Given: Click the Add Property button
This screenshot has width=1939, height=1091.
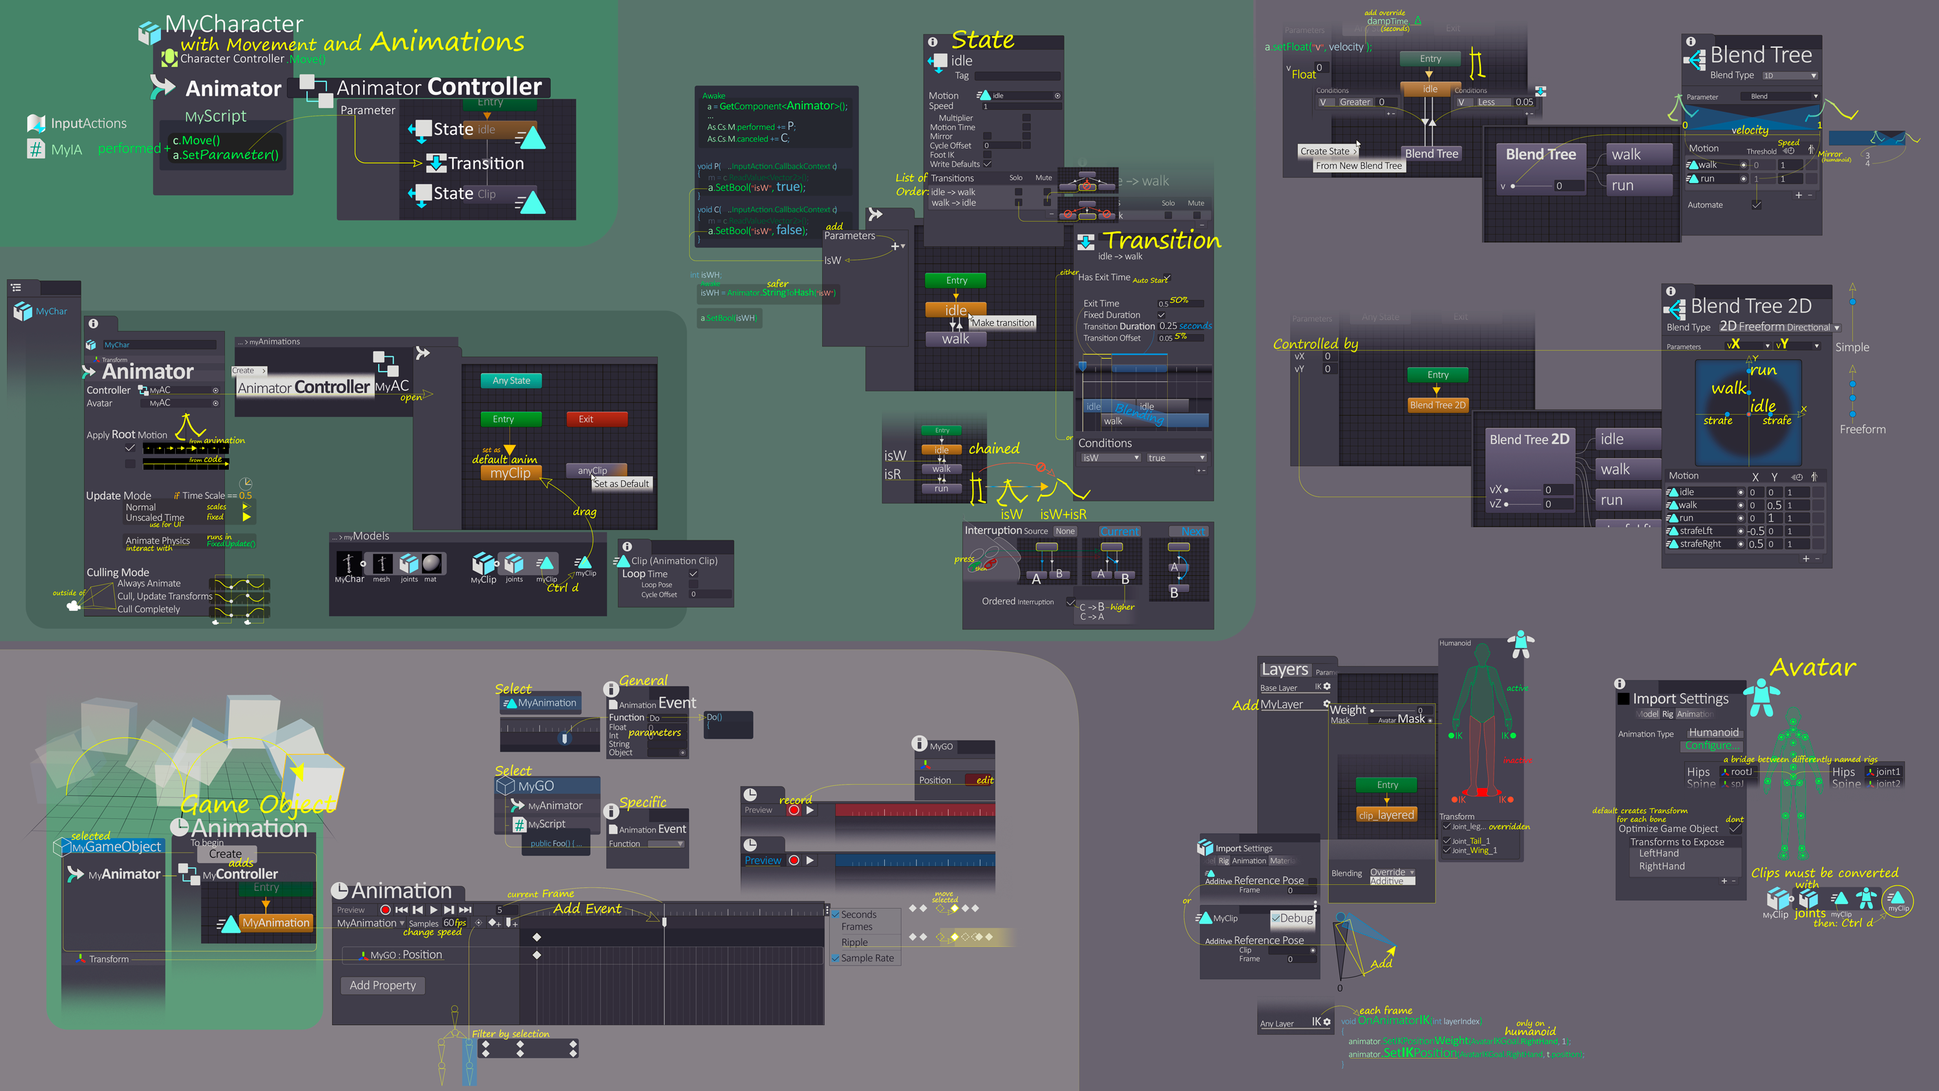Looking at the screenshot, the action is [x=383, y=985].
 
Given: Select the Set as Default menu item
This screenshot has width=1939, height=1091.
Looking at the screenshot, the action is [x=621, y=483].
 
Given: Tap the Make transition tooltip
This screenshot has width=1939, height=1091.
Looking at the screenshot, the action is [x=1002, y=323].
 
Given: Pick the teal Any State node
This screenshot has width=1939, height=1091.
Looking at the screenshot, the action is [x=511, y=381].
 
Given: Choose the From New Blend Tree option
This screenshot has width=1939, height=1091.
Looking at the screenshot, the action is [x=1359, y=165].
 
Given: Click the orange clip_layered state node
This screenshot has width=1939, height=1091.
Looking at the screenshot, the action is [x=1386, y=814].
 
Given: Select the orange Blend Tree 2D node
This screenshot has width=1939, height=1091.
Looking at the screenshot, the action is [x=1437, y=405].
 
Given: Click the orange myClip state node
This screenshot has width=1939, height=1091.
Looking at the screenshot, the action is [x=511, y=473].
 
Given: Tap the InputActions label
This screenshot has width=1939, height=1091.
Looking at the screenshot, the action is [x=88, y=123].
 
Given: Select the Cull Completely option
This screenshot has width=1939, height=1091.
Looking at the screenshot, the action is [x=148, y=609].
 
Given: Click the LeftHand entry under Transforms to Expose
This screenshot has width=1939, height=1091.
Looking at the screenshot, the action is [x=1658, y=853].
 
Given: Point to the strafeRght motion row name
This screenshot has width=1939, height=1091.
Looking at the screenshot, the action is [x=1701, y=544].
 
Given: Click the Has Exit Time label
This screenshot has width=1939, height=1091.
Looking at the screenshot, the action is [x=1103, y=277].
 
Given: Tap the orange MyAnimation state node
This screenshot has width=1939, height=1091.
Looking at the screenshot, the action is [x=275, y=922].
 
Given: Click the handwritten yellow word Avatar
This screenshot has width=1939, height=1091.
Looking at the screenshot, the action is [x=1812, y=667].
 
